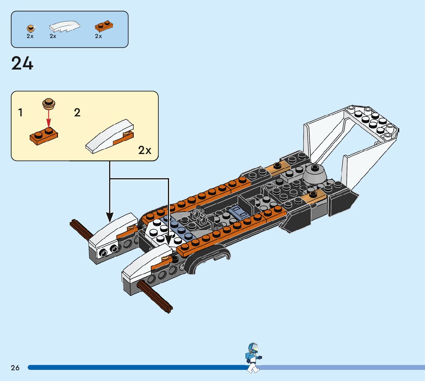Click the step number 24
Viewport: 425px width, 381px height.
pyautogui.click(x=22, y=63)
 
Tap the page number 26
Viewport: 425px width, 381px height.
pyautogui.click(x=15, y=368)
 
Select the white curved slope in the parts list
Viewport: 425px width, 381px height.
pyautogui.click(x=64, y=27)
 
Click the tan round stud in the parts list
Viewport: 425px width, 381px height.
pyautogui.click(x=30, y=27)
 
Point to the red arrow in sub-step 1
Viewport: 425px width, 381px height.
pyautogui.click(x=48, y=117)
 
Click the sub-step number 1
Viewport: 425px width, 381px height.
pyautogui.click(x=20, y=113)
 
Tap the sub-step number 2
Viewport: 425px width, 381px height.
pyautogui.click(x=77, y=113)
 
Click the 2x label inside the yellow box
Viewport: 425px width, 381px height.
pyautogui.click(x=144, y=150)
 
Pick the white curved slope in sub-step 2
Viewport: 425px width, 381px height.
pyautogui.click(x=110, y=136)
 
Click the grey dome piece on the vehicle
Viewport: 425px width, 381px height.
pyautogui.click(x=315, y=175)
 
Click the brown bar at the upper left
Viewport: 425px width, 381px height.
pyautogui.click(x=81, y=230)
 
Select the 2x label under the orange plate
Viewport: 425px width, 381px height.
pyautogui.click(x=98, y=36)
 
